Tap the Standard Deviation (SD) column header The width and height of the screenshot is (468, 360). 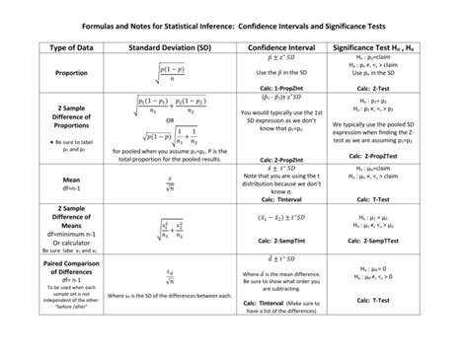[x=169, y=46]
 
